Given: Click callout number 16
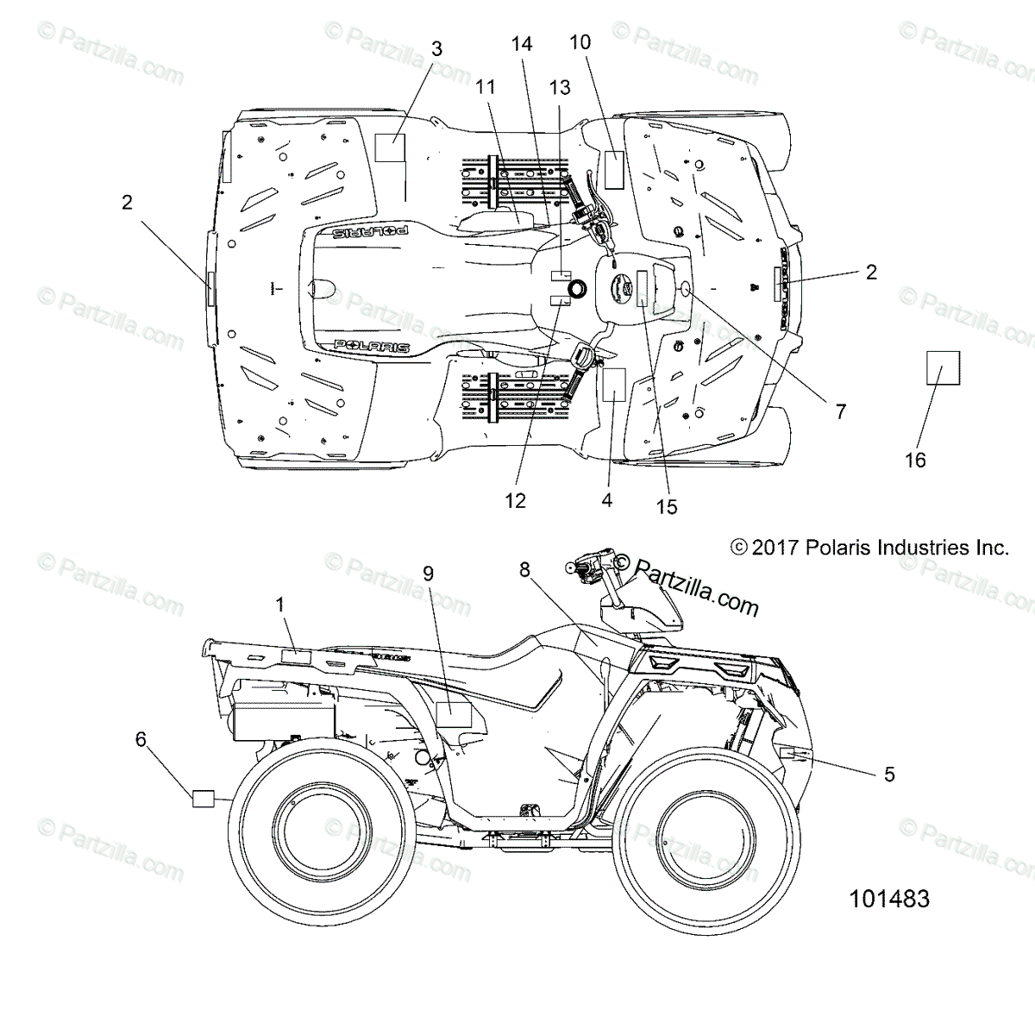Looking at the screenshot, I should pyautogui.click(x=915, y=461).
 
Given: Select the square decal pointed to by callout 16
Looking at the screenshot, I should pyautogui.click(x=943, y=367).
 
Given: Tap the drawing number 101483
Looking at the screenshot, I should pyautogui.click(x=889, y=900).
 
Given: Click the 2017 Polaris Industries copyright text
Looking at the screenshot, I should pyautogui.click(x=869, y=547).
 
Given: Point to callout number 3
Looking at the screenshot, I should pyautogui.click(x=436, y=48).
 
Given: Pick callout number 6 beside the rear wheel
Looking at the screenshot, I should pyautogui.click(x=141, y=738).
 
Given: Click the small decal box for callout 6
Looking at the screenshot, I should pyautogui.click(x=203, y=798).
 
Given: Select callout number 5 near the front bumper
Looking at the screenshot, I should pyautogui.click(x=889, y=775).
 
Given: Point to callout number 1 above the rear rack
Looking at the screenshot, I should pyautogui.click(x=280, y=605).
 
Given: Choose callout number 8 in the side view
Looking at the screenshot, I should pyautogui.click(x=524, y=569).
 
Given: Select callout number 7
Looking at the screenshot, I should pyautogui.click(x=841, y=411).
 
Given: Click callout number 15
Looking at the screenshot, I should pyautogui.click(x=667, y=507).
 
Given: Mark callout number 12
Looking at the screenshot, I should pyautogui.click(x=515, y=500).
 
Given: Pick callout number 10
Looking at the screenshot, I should pyautogui.click(x=580, y=41).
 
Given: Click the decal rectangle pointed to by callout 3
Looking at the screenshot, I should pyautogui.click(x=389, y=148).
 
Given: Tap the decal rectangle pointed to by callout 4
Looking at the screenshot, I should pyautogui.click(x=613, y=385).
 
